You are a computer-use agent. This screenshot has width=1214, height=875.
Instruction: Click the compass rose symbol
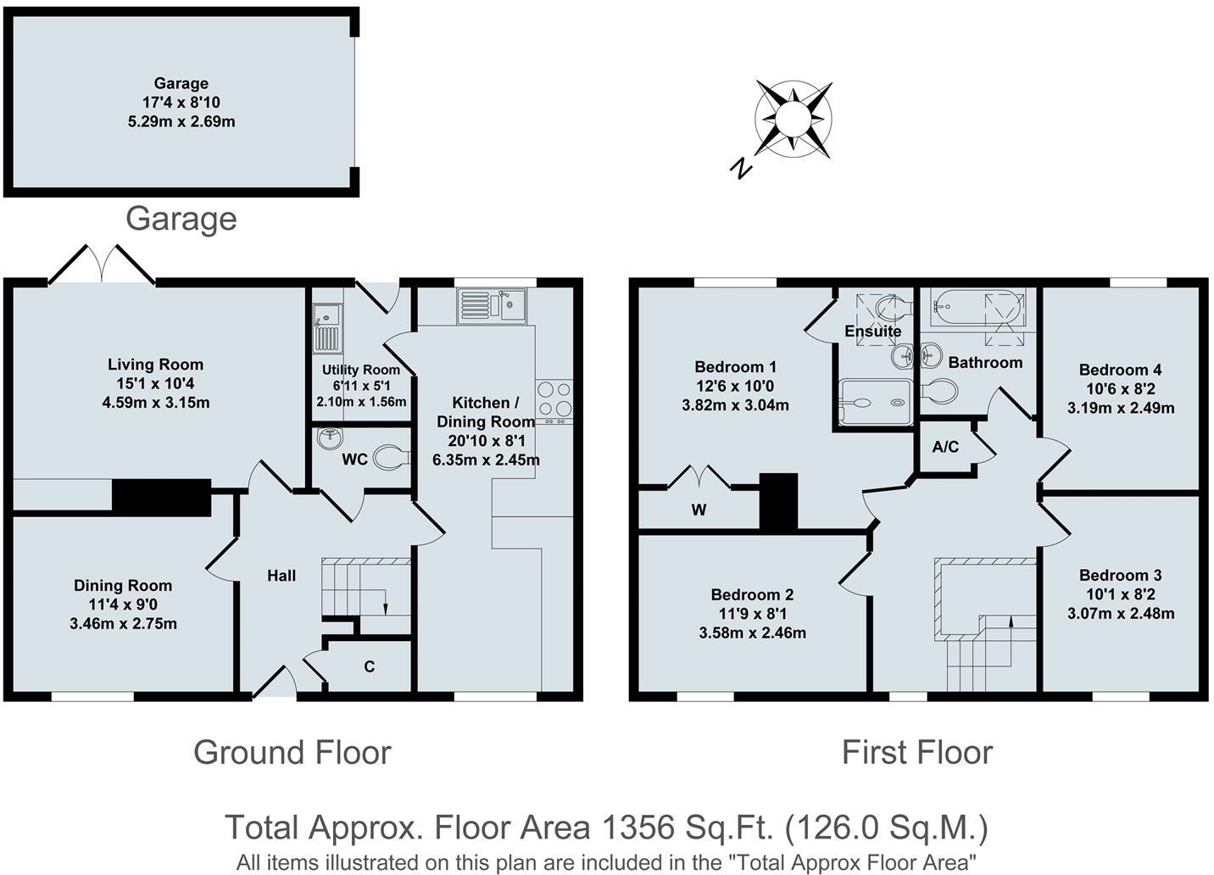pyautogui.click(x=794, y=119)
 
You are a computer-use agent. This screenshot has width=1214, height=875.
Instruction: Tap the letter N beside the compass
pyautogui.click(x=741, y=168)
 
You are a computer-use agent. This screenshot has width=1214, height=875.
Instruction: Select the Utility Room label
pyautogui.click(x=361, y=370)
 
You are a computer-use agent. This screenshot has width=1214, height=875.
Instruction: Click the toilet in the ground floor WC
pyautogui.click(x=393, y=456)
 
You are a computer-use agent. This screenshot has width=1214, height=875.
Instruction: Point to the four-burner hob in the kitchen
pyautogui.click(x=554, y=398)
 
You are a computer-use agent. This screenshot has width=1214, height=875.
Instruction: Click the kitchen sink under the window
pyautogui.click(x=492, y=306)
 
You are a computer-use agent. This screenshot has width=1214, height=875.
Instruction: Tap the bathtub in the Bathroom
pyautogui.click(x=977, y=307)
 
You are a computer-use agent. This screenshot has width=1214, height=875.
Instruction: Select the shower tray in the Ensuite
pyautogui.click(x=875, y=402)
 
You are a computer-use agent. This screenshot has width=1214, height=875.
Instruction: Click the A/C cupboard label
pyautogui.click(x=946, y=446)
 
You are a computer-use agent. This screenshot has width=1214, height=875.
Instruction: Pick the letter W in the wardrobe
pyautogui.click(x=699, y=510)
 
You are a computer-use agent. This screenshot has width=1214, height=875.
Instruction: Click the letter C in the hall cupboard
pyautogui.click(x=370, y=666)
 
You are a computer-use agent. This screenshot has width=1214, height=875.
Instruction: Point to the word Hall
pyautogui.click(x=281, y=575)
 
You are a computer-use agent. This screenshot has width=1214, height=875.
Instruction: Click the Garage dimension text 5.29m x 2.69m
pyautogui.click(x=181, y=121)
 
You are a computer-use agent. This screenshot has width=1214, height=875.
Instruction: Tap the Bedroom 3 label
pyautogui.click(x=1121, y=575)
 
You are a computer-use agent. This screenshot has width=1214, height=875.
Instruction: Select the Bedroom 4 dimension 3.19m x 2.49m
pyautogui.click(x=1121, y=408)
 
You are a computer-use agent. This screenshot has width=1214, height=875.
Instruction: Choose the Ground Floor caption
pyautogui.click(x=292, y=752)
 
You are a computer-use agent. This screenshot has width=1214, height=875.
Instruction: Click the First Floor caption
pyautogui.click(x=917, y=752)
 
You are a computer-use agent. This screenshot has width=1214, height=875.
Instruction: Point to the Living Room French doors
pyautogui.click(x=102, y=265)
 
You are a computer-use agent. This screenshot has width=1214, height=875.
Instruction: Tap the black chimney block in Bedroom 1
pyautogui.click(x=778, y=501)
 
